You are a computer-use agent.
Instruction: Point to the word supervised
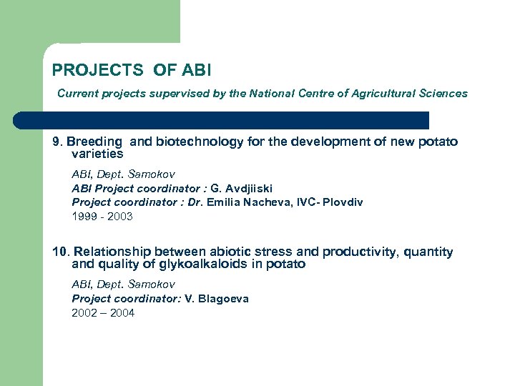(x=177, y=93)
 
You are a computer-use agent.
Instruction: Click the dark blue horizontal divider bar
(x=222, y=119)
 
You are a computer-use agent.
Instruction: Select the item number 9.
(x=57, y=142)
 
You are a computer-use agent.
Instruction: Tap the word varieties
(x=98, y=154)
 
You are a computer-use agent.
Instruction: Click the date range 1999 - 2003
(x=102, y=216)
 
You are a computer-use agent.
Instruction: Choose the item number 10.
(x=60, y=252)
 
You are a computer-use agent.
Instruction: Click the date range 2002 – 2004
(x=102, y=312)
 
